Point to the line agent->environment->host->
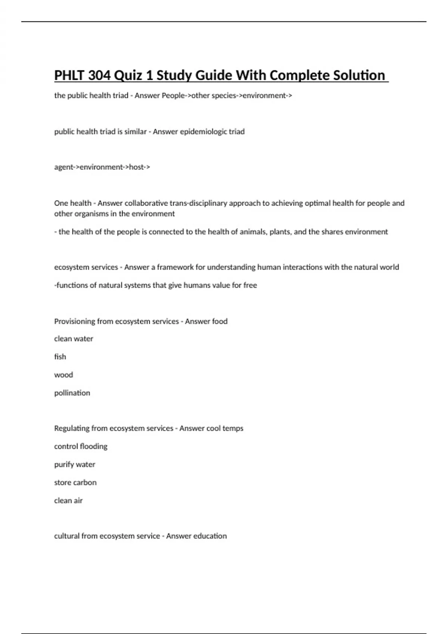click(x=102, y=167)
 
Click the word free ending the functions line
click(x=250, y=285)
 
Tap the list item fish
click(x=60, y=357)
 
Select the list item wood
click(x=63, y=375)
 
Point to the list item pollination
click(x=72, y=393)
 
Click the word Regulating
click(x=72, y=429)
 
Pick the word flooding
click(x=93, y=446)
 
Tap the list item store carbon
click(x=75, y=483)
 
